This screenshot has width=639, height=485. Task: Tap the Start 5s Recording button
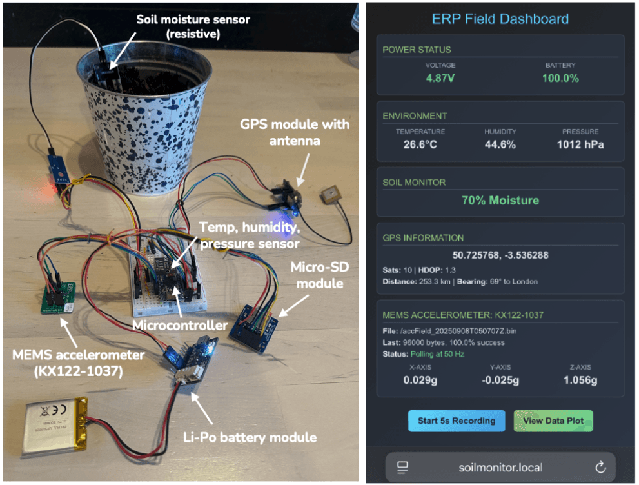pos(457,421)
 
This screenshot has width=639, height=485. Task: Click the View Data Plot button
pos(553,421)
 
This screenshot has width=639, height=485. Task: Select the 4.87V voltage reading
pos(440,78)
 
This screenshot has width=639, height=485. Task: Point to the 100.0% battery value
pos(560,78)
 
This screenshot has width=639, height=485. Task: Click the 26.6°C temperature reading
pos(420,144)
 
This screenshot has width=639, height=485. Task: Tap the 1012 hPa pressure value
pos(580,144)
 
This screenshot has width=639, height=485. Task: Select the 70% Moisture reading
pos(500,201)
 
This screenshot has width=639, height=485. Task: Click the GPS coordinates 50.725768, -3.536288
pos(500,255)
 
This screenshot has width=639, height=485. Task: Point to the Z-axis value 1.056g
pos(580,380)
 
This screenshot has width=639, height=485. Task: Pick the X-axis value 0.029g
pos(420,380)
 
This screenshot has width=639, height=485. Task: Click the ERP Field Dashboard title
pos(500,19)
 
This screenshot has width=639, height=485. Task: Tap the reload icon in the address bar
pos(600,467)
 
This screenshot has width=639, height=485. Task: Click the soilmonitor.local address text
pos(500,467)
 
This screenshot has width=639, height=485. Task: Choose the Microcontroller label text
pos(179,326)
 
